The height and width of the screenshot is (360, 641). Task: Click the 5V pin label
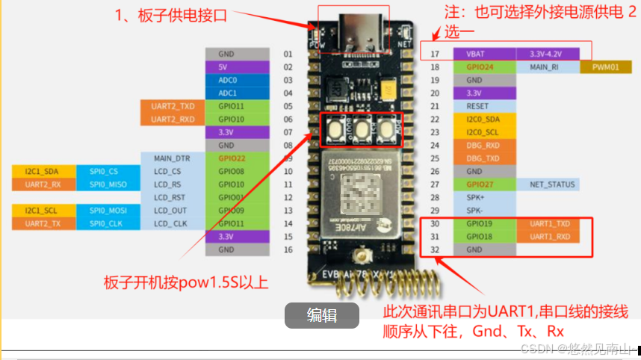tap(238, 67)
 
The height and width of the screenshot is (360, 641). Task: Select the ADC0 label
tap(238, 80)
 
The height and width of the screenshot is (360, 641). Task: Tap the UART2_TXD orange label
tap(173, 107)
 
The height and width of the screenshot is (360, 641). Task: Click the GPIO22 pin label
tap(238, 158)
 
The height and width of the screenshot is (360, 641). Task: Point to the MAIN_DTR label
tap(173, 158)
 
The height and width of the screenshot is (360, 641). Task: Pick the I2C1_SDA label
tap(35, 172)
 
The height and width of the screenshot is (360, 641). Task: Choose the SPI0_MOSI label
tap(108, 211)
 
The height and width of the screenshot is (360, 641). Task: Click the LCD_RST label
tap(173, 197)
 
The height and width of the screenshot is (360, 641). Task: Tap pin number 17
tap(434, 55)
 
